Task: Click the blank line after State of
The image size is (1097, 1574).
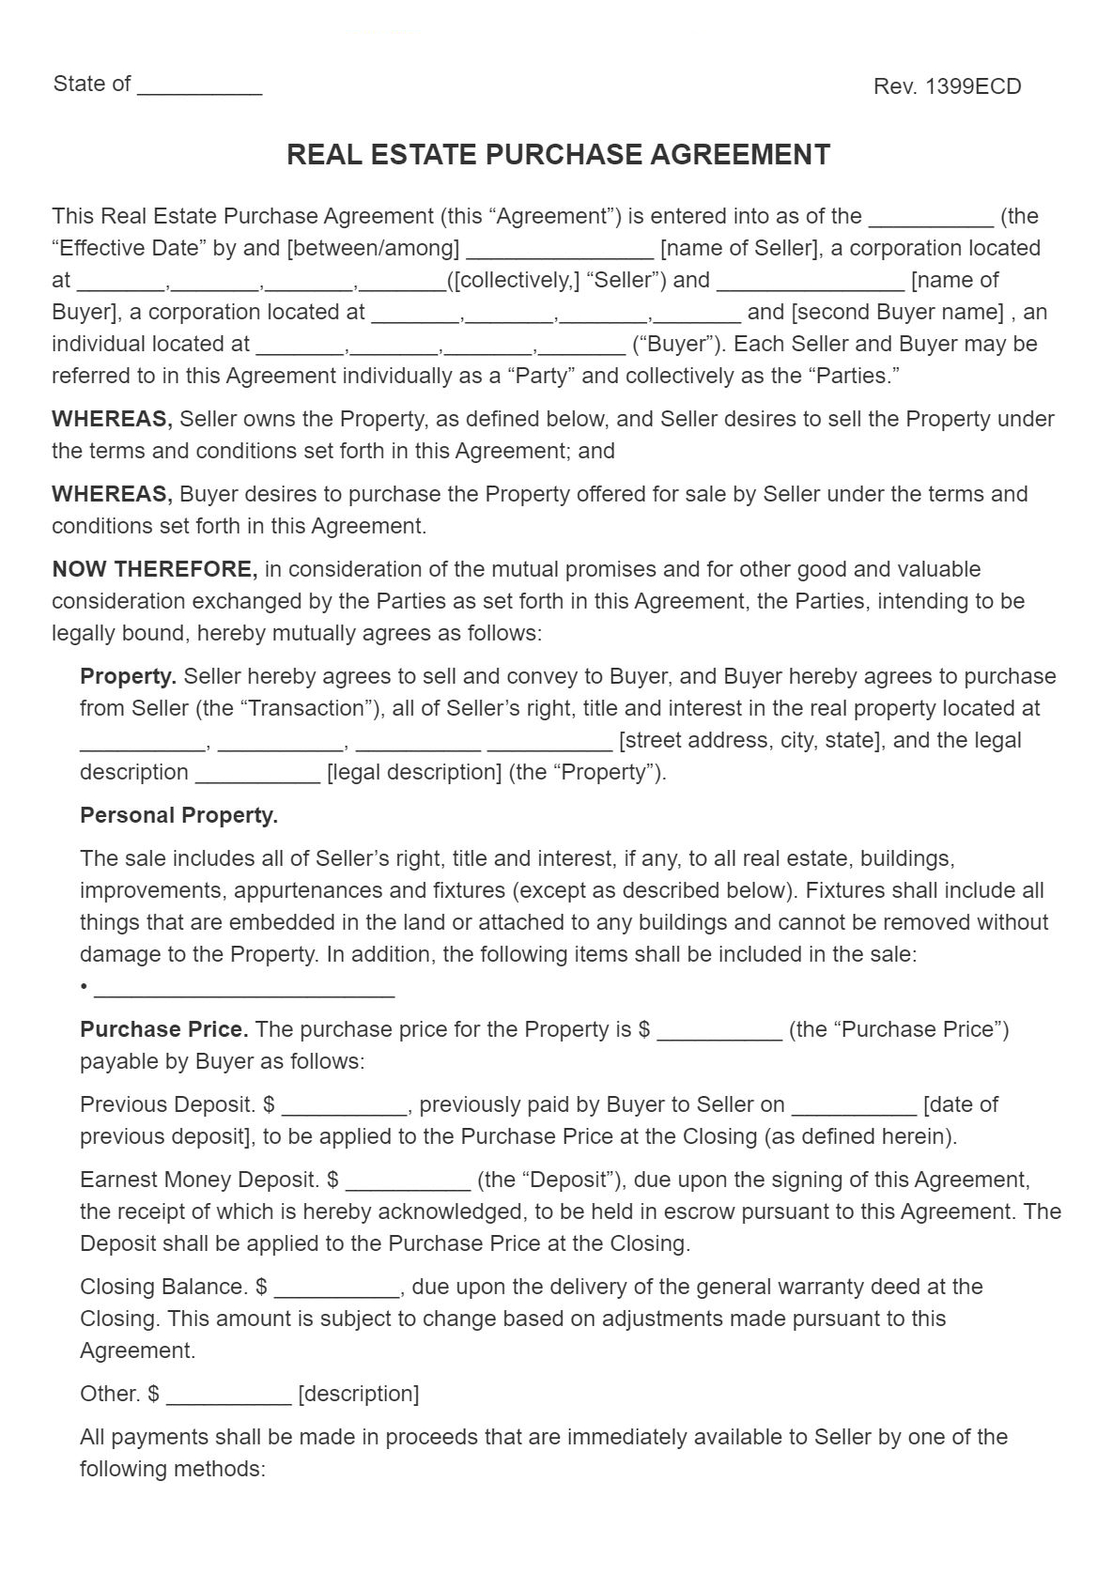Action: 199,86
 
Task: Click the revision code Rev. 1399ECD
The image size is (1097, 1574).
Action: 947,86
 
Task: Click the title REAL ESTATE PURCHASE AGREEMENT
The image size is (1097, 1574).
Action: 558,155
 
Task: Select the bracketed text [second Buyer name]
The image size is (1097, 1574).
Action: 898,312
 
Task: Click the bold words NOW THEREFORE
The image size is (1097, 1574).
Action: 154,569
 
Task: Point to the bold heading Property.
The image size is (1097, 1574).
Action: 129,676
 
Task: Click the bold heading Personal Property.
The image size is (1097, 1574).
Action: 178,815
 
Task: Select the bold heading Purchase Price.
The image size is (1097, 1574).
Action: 164,1029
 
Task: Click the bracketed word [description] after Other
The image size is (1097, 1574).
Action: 358,1394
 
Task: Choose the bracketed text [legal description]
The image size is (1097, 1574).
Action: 413,772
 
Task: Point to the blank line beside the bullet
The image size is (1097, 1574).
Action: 244,988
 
